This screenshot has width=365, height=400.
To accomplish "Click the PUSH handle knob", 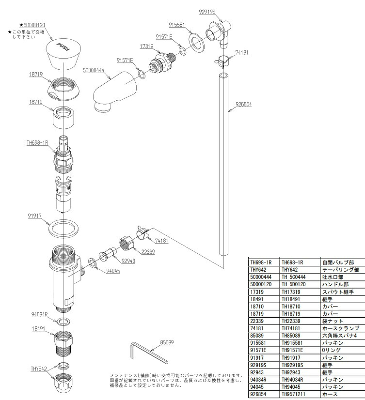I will (63, 52).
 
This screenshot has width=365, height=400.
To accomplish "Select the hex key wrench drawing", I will (148, 353).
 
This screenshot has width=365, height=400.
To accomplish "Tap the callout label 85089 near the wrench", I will (167, 342).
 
